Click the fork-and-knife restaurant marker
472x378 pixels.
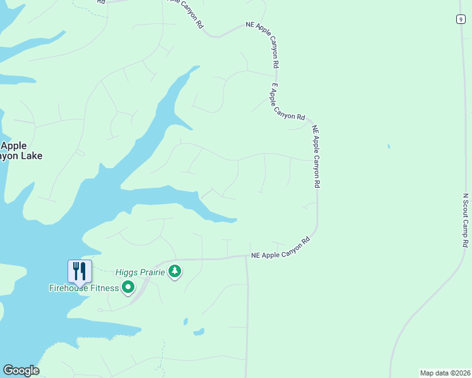[80, 272]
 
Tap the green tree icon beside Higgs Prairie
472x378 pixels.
[175, 272]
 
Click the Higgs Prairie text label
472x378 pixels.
[140, 272]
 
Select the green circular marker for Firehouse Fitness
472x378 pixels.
[128, 288]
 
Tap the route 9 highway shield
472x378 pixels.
[461, 19]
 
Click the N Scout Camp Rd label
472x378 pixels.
[466, 220]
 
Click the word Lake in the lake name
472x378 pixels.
[28, 155]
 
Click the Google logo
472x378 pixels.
[21, 370]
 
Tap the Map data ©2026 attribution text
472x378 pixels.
[445, 372]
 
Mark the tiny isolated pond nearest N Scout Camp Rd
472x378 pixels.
[389, 147]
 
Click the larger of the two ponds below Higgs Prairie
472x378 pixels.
[199, 331]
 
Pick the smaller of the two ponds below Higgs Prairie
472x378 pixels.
[185, 321]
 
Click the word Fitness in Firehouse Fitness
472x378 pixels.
[104, 289]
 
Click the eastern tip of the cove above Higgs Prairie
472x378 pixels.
[235, 220]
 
